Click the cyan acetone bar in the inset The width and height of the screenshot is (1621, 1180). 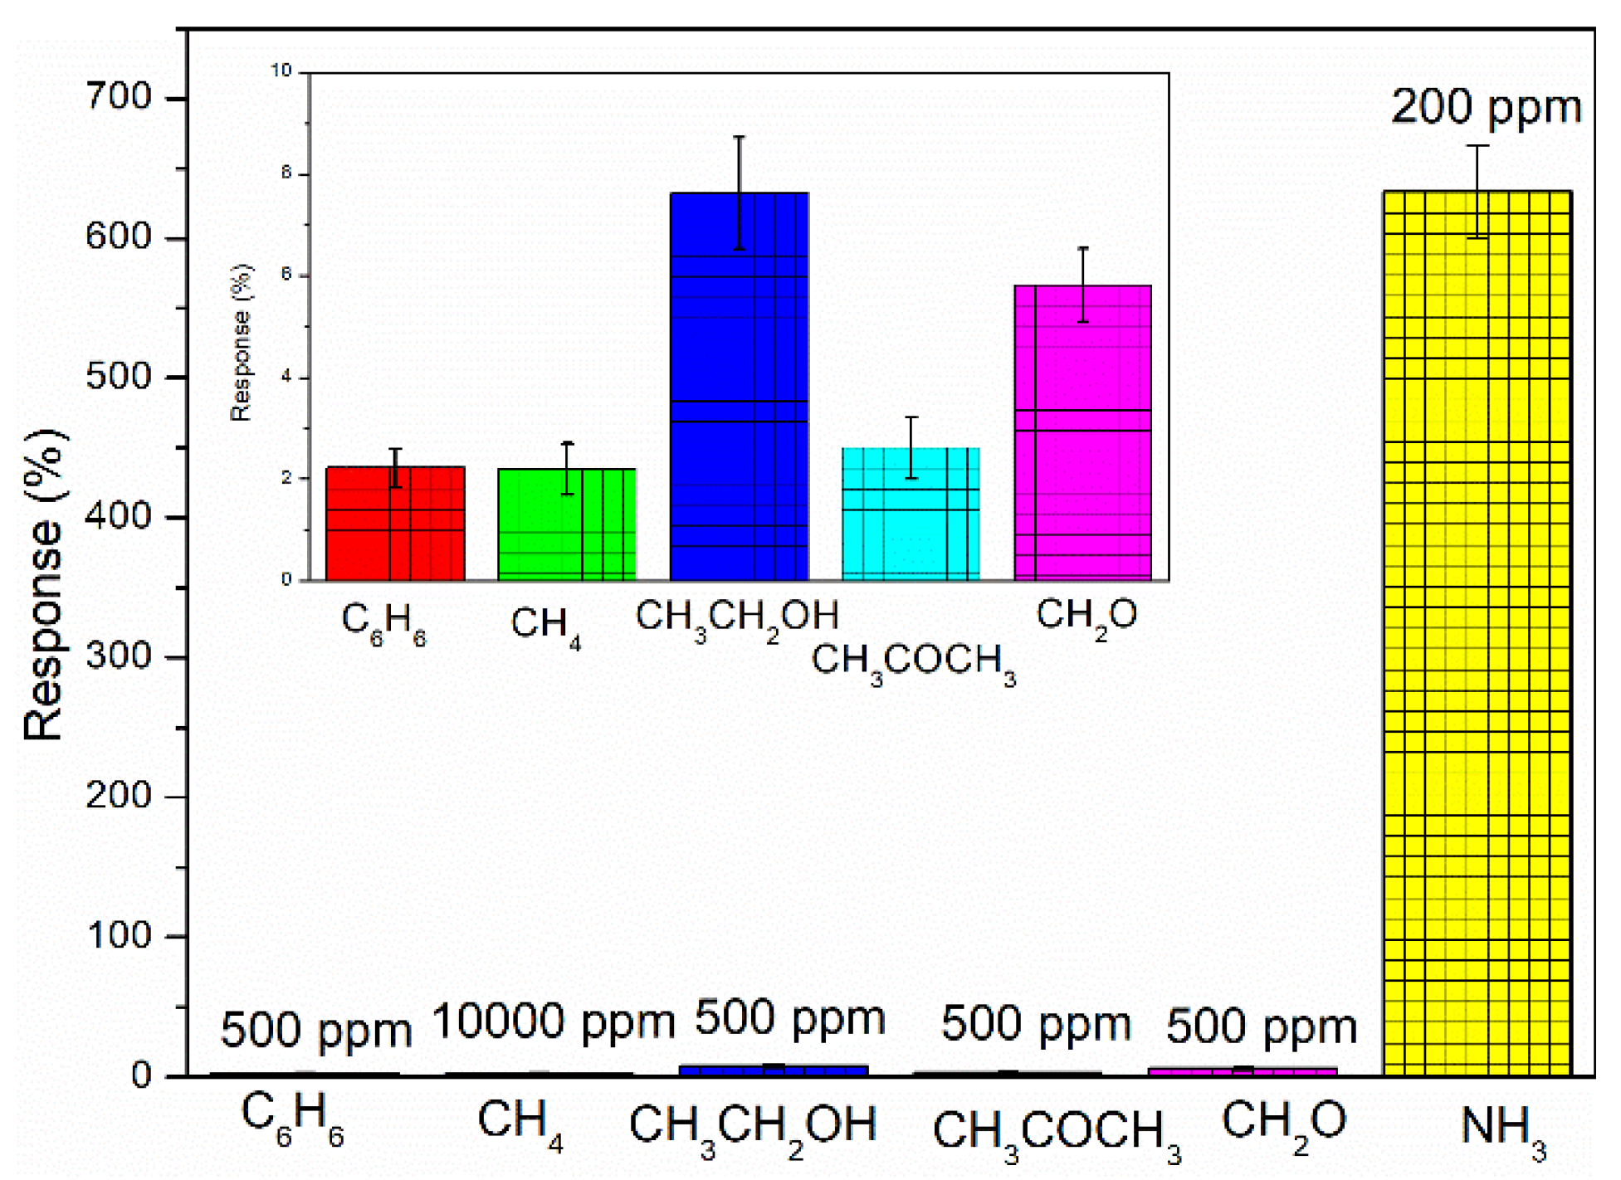911,514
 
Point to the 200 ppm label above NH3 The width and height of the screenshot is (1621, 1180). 1486,108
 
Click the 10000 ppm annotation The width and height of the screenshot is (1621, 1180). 554,1022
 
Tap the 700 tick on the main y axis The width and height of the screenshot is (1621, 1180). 120,98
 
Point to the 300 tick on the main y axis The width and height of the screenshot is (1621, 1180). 120,656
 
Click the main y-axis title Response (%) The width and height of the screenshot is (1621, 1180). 46,585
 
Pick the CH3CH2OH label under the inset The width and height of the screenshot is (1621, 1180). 737,619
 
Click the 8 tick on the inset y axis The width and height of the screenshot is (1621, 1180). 286,173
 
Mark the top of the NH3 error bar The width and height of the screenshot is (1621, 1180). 1477,146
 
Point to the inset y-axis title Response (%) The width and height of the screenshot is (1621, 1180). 242,344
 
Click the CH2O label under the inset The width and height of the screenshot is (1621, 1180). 1086,617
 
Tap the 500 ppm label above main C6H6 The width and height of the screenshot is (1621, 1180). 315,1031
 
